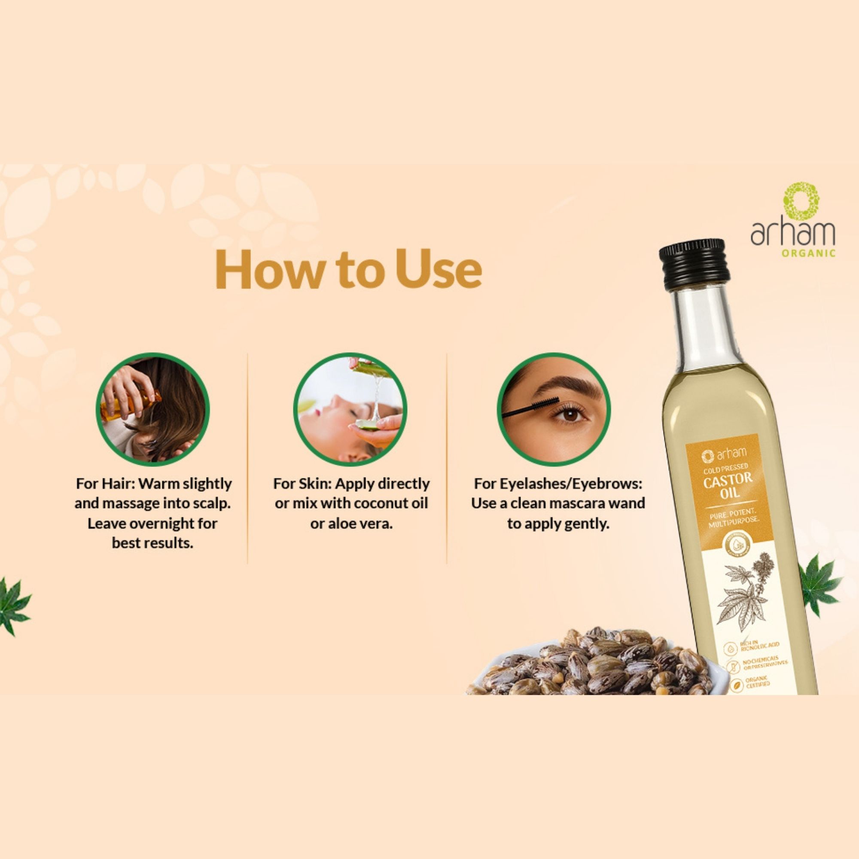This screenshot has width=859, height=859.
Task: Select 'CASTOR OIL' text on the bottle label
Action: pyautogui.click(x=728, y=485)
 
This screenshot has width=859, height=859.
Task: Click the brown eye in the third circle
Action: pyautogui.click(x=570, y=414)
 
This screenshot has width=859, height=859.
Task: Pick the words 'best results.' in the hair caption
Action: pyautogui.click(x=152, y=543)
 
